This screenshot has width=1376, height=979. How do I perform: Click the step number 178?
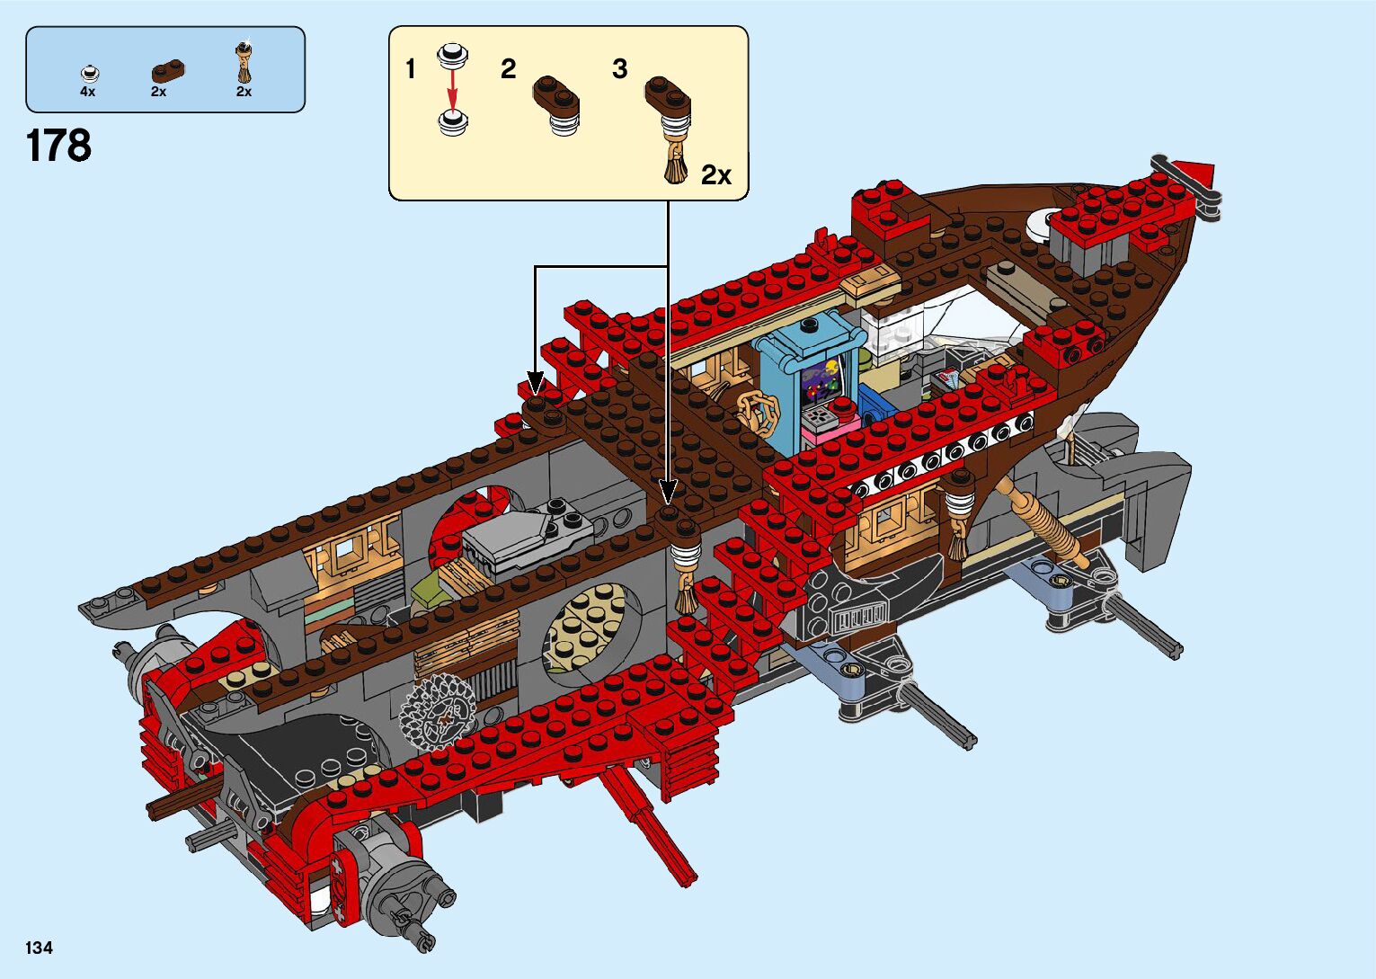(59, 146)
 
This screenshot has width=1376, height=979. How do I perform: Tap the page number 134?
(40, 948)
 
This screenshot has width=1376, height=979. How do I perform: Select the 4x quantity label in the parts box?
(87, 92)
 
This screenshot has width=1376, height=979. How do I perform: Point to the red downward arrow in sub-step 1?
(452, 88)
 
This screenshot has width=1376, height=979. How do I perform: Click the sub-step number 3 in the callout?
(619, 69)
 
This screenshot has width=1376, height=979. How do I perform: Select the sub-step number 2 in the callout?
(509, 69)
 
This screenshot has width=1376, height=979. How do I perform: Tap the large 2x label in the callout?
(716, 175)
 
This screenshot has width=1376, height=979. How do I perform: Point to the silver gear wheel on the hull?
(437, 711)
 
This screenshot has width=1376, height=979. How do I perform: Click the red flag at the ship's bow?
(1196, 171)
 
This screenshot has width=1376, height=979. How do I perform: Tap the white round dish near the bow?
(1043, 223)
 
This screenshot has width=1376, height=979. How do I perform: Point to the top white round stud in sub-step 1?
(452, 55)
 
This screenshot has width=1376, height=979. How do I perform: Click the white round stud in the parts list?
(89, 74)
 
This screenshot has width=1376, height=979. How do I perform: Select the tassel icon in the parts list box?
(244, 62)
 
